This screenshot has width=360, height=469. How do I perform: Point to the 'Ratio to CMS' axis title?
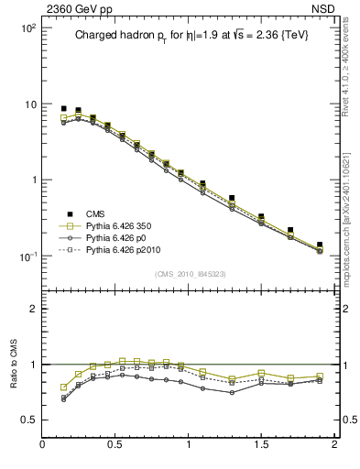pos(14,365)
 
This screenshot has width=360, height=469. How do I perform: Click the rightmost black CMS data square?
pos(320,245)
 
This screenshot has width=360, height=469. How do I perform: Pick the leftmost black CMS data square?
pos(64,108)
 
